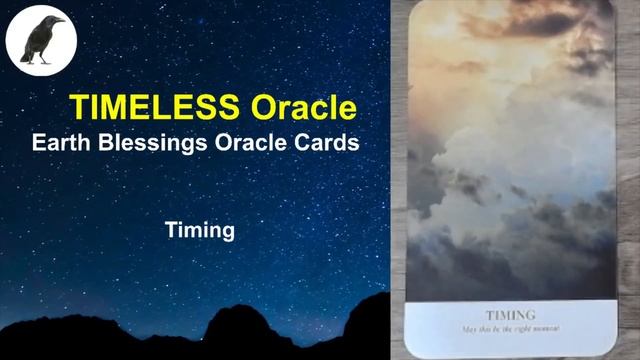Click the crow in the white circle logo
(x=40, y=40)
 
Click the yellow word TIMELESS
(x=156, y=107)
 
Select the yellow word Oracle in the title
(x=304, y=107)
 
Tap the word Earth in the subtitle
(x=61, y=143)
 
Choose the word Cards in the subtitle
(x=327, y=143)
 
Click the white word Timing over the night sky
(x=200, y=231)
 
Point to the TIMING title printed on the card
(x=510, y=314)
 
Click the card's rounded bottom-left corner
(x=414, y=350)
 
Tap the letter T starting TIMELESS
(x=77, y=107)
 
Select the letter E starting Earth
(x=39, y=143)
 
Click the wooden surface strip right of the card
(x=628, y=180)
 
